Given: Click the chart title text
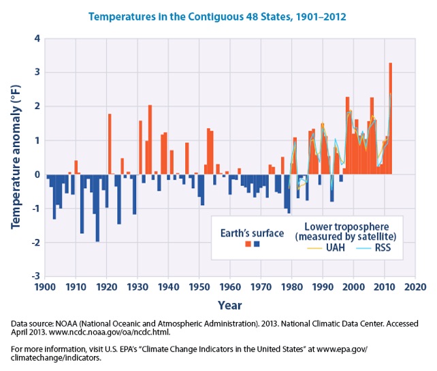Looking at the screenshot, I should point(218,14).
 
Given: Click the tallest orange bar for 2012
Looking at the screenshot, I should point(390,119).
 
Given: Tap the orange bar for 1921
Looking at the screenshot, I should point(110,144).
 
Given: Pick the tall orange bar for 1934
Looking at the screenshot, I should point(150,140).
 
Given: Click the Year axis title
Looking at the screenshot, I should point(229,306).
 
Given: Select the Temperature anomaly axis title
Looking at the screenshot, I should point(14,157).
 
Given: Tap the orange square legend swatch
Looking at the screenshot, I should point(247,245).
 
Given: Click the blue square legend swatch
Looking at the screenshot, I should point(256,245).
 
